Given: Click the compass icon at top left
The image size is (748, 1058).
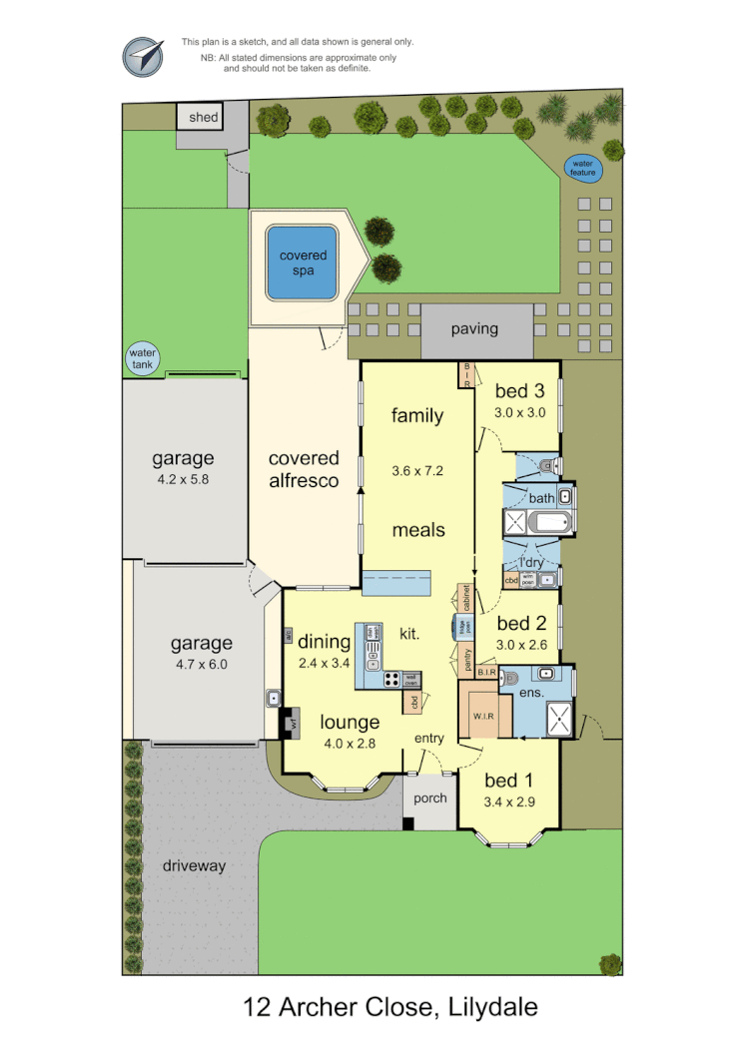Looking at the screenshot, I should pyautogui.click(x=143, y=57).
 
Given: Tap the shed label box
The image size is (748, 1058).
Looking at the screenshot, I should pyautogui.click(x=204, y=117).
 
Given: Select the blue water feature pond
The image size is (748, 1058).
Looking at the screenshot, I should pyautogui.click(x=583, y=168).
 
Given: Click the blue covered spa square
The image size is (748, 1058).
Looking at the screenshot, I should pyautogui.click(x=303, y=263).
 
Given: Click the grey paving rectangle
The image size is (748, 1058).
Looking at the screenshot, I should pyautogui.click(x=474, y=330).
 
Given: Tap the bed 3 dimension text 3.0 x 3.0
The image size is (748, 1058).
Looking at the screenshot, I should pyautogui.click(x=519, y=413).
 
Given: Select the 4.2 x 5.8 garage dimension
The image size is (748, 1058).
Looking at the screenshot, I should pyautogui.click(x=184, y=478).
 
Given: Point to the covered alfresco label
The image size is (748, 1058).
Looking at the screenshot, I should pyautogui.click(x=304, y=469).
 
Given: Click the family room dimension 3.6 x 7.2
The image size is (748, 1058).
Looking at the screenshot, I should pyautogui.click(x=417, y=469).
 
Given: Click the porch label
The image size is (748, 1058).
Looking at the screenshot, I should pyautogui.click(x=430, y=798).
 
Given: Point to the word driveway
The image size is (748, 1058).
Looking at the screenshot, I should pyautogui.click(x=194, y=865).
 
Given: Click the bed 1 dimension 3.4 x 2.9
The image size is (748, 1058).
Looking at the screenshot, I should pyautogui.click(x=509, y=800).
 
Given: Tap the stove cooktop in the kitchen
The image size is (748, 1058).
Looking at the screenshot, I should pyautogui.click(x=392, y=681).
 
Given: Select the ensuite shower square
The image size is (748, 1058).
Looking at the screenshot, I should pyautogui.click(x=560, y=718).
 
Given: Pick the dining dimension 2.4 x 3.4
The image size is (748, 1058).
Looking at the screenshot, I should pyautogui.click(x=324, y=662).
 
